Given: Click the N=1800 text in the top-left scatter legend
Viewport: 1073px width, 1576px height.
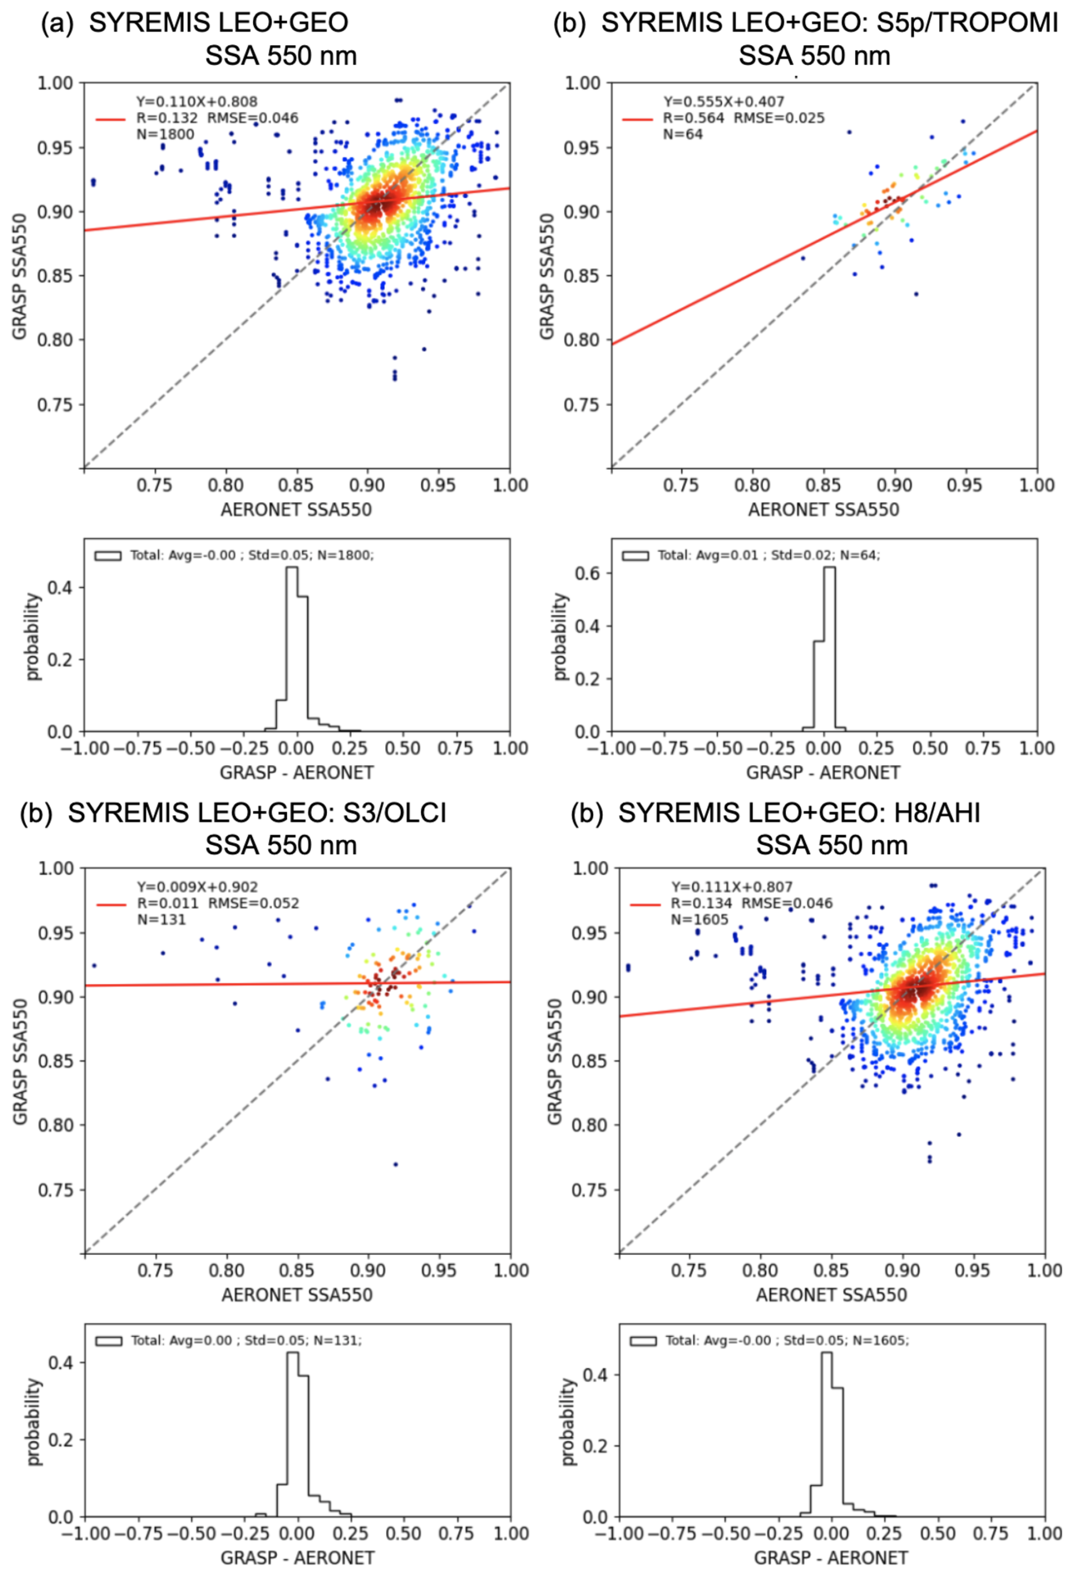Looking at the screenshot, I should point(166,134).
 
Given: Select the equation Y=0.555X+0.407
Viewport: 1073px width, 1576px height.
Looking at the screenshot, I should point(724,101).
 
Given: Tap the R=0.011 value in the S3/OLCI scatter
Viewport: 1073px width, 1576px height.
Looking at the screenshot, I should point(167,903).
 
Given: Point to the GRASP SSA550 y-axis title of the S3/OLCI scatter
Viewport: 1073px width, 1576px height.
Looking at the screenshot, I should point(20,1061).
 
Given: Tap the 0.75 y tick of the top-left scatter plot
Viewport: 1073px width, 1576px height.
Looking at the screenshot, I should point(54,405).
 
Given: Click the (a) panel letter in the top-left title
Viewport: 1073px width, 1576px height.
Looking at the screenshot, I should point(56,23).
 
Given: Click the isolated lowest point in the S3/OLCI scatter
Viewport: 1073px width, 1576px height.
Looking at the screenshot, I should point(395,1164).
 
